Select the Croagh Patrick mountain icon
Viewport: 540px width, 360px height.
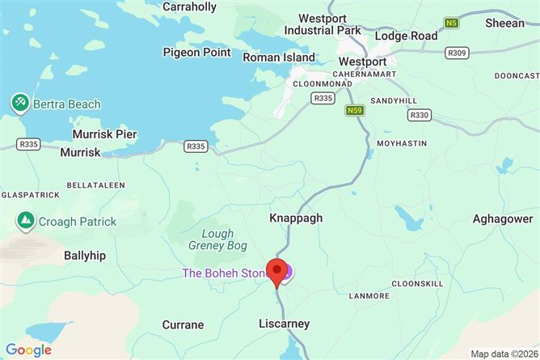point(25,221)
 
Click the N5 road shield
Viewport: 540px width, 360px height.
point(452,23)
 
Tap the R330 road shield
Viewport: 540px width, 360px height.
point(420,115)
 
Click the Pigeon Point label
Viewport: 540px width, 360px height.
point(196,53)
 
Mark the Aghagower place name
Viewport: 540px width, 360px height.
point(503,219)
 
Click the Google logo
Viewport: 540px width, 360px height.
point(28,349)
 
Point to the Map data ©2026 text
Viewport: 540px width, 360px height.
point(502,354)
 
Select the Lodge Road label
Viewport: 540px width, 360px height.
point(406,36)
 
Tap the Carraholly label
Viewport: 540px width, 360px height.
point(190,7)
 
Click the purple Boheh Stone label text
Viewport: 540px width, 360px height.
point(225,273)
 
